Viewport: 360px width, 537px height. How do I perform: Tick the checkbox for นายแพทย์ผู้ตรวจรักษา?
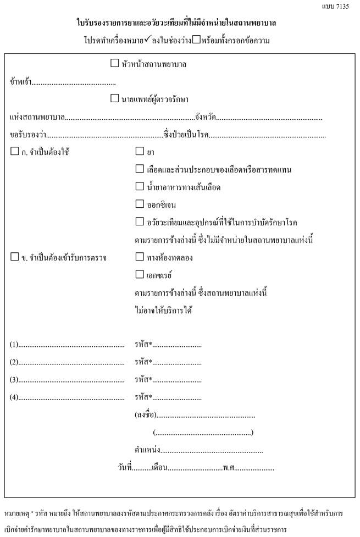tap(114, 98)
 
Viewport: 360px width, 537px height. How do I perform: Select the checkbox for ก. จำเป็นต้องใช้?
tap(14, 151)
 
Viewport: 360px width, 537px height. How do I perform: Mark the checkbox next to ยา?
tap(139, 151)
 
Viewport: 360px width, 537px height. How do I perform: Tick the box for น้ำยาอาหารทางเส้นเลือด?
tap(139, 187)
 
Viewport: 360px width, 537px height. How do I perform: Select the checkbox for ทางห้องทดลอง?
tap(139, 257)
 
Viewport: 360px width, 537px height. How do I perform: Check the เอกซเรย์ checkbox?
tap(139, 274)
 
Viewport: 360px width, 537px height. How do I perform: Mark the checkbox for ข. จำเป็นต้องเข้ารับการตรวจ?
tap(14, 257)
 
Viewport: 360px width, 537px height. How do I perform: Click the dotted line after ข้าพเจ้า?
tap(74, 83)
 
